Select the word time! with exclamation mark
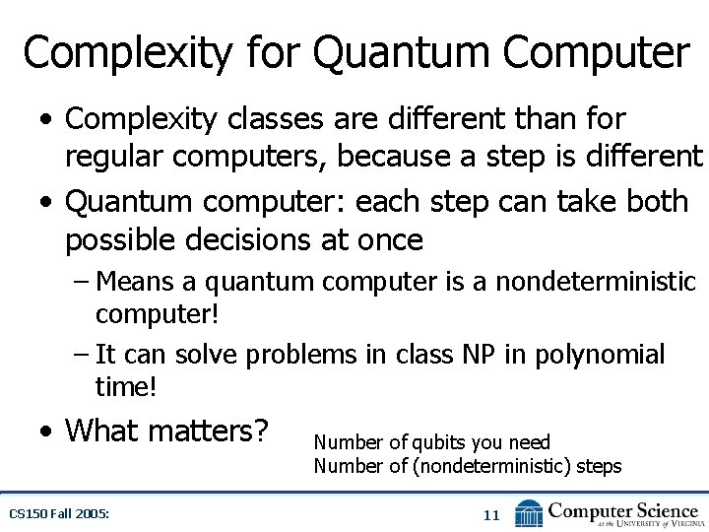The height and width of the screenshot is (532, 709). (x=126, y=386)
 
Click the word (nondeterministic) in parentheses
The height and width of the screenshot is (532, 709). (x=489, y=466)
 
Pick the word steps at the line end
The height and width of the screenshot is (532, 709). (x=599, y=466)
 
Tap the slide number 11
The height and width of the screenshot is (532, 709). (x=492, y=514)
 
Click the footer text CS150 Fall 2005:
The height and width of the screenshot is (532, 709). (x=58, y=513)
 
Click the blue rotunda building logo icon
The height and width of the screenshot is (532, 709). (x=529, y=512)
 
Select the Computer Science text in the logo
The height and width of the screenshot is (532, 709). (x=622, y=510)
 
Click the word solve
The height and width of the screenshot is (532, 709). (x=206, y=354)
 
